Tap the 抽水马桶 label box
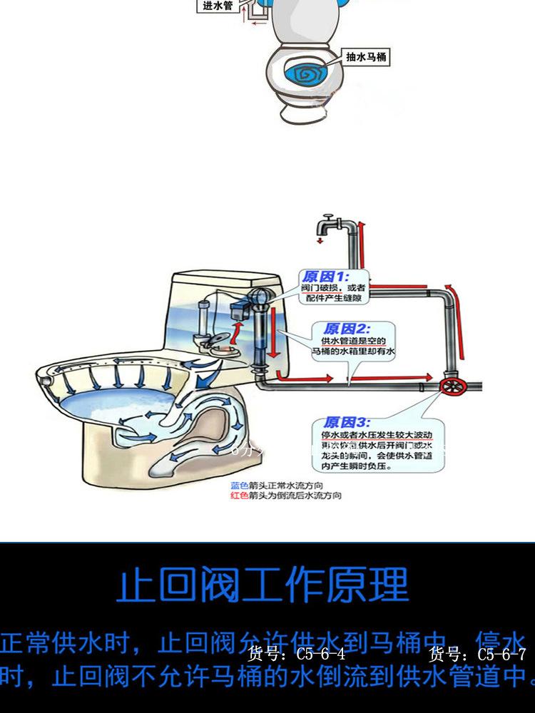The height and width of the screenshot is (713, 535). coord(366,56)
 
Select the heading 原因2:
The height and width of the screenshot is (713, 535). coord(346,329)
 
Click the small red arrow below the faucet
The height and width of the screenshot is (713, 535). coord(320,241)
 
